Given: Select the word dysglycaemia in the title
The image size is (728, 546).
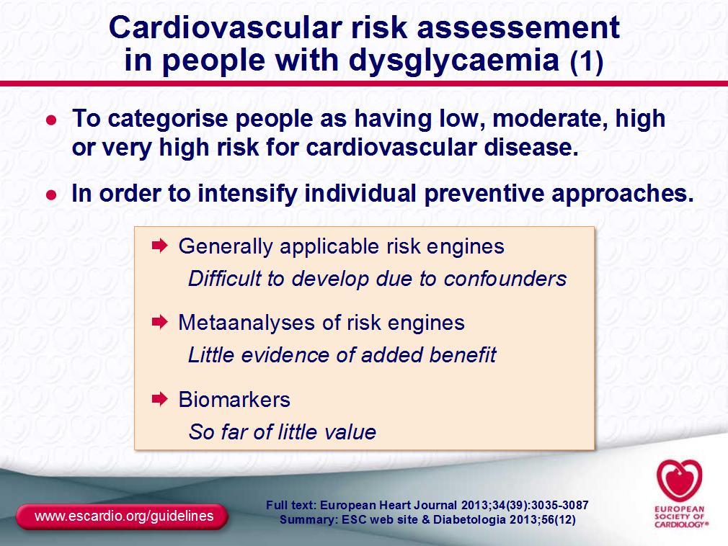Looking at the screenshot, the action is coord(453,61).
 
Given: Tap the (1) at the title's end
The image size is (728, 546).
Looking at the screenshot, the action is coord(587,61).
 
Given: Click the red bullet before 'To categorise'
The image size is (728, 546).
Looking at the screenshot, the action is coord(51,120).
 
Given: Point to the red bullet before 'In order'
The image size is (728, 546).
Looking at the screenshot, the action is coord(51,194).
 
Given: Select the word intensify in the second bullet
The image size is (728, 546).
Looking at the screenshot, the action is coord(247,193).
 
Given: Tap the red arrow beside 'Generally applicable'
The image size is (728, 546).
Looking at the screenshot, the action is coord(159,246).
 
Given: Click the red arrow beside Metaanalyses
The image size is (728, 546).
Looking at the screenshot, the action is coord(159,322).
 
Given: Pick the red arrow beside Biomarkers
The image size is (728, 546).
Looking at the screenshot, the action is coord(159,398).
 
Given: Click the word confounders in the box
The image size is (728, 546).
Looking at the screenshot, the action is coord(505,279).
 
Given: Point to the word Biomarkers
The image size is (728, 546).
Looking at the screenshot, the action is coord(234,399).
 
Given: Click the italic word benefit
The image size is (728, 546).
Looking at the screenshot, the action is coord(463,355).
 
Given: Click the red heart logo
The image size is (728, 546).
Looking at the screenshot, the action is coord(679,480).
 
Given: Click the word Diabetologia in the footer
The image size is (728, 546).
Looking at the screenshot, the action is coord(470,519).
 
